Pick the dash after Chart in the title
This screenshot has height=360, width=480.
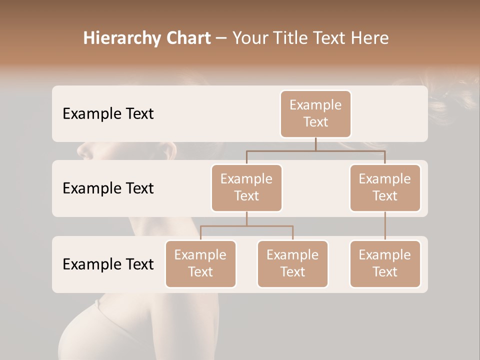pyautogui.click(x=221, y=39)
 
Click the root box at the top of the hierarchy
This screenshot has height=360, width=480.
pyautogui.click(x=315, y=114)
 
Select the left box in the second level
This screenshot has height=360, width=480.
pyautogui.click(x=246, y=187)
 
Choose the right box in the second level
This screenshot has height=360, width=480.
pyautogui.click(x=385, y=187)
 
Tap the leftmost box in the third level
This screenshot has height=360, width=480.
pyautogui.click(x=200, y=263)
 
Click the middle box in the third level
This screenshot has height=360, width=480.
pyautogui.click(x=292, y=263)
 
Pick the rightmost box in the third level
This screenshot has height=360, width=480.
pyautogui.click(x=385, y=263)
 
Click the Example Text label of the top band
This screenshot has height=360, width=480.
pyautogui.click(x=108, y=114)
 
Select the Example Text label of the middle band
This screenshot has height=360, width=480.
pyautogui.click(x=108, y=188)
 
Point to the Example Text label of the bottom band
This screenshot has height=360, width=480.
pyautogui.click(x=108, y=264)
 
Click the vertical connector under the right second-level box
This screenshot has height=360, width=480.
pyautogui.click(x=385, y=226)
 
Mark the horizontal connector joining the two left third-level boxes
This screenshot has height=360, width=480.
pyautogui.click(x=246, y=226)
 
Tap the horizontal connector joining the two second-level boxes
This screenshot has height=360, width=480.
pyautogui.click(x=315, y=150)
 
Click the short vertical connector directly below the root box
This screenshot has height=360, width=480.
pyautogui.click(x=315, y=144)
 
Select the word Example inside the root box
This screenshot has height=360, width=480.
pyautogui.click(x=315, y=105)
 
